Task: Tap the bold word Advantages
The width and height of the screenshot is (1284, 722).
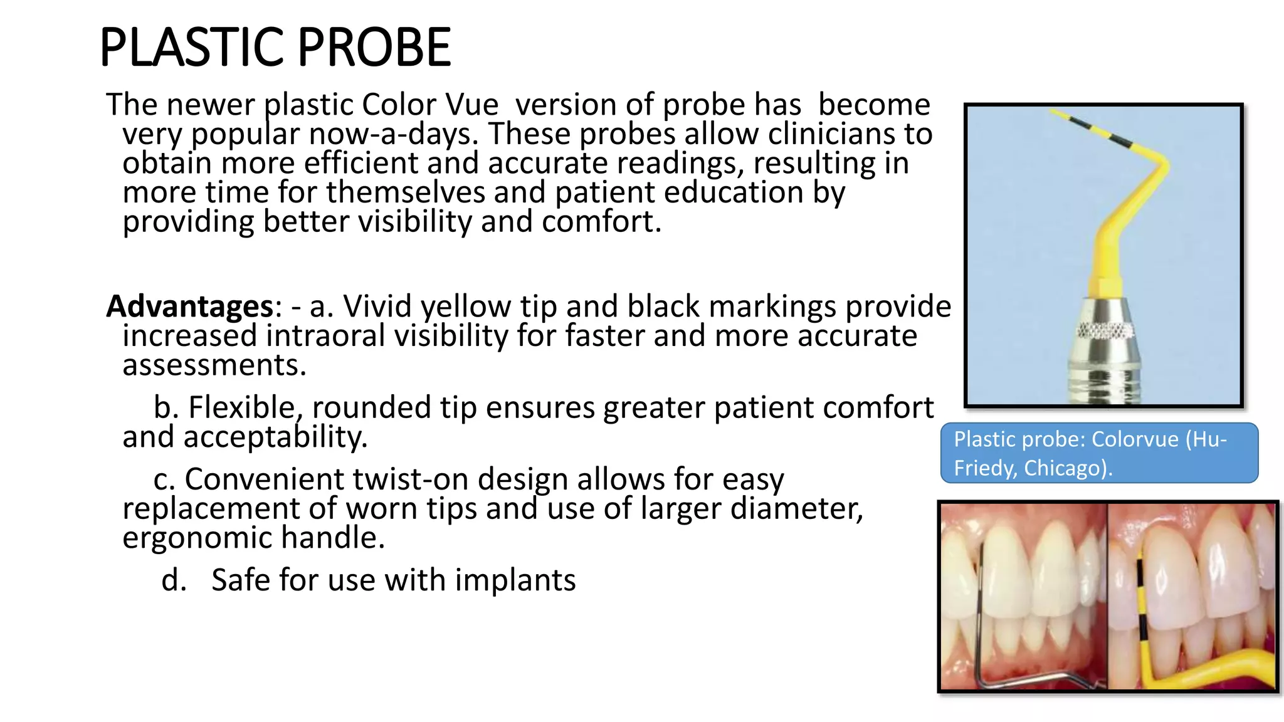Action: point(190,306)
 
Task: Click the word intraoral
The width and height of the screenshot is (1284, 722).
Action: point(325,336)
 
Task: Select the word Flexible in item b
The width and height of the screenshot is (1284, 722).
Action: point(241,408)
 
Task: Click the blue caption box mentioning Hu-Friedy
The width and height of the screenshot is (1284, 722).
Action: point(1098,453)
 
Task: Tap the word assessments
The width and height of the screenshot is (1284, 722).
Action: point(214,365)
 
